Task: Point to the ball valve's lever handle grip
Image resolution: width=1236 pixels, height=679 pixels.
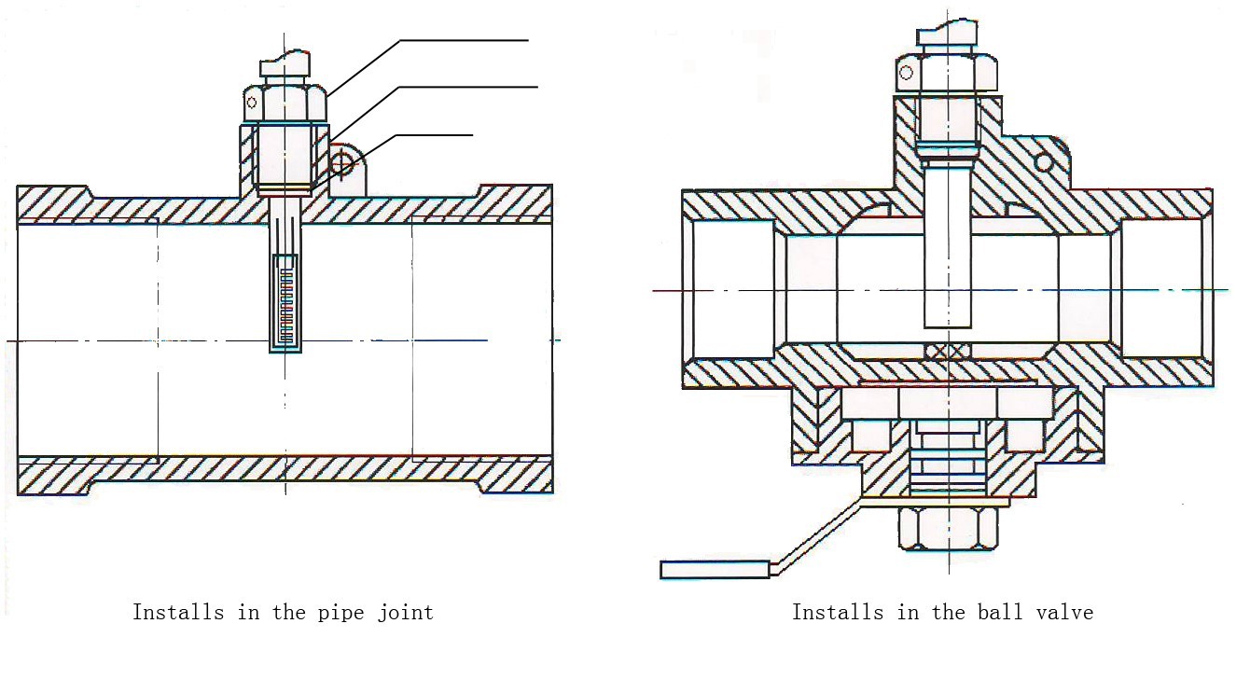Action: click(715, 568)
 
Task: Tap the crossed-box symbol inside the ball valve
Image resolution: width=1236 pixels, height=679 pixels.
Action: click(948, 351)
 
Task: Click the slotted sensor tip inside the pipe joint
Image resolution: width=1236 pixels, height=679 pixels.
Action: click(286, 299)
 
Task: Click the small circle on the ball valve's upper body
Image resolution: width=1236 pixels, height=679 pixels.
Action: click(1044, 163)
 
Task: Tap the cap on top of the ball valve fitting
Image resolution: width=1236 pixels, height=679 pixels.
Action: click(947, 35)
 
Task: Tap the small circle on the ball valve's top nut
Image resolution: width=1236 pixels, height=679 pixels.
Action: click(905, 73)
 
